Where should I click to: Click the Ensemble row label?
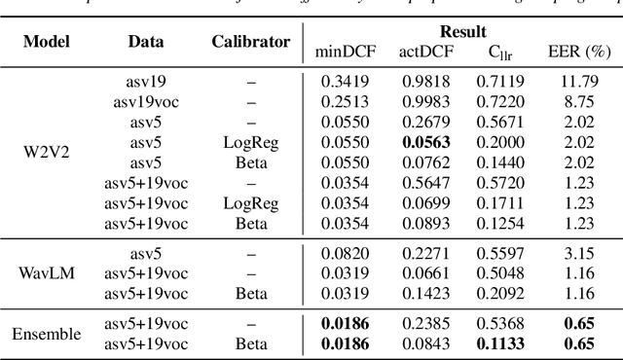[x=45, y=334]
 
